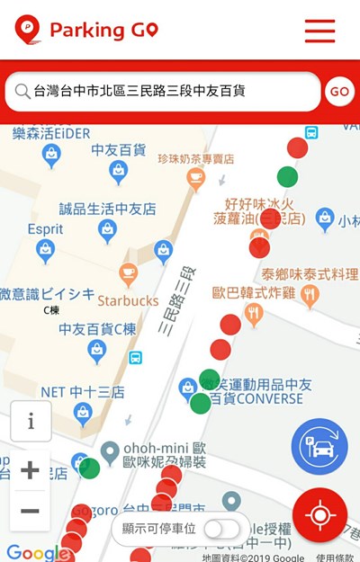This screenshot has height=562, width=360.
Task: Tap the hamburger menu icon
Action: coord(319,31)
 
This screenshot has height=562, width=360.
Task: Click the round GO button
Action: coord(339,92)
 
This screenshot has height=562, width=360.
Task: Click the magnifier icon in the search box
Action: coord(22,92)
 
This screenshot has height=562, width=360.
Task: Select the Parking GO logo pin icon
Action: coord(27,30)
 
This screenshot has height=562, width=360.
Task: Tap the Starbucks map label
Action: coord(128,300)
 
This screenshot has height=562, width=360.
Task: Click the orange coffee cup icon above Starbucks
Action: coord(128,272)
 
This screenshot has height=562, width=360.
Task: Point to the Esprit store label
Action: coord(45,229)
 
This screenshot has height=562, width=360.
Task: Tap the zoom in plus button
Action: coord(30,469)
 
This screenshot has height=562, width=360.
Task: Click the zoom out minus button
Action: coord(30,511)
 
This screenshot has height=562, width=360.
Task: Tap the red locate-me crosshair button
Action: coord(319,515)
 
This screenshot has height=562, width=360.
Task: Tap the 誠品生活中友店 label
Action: coord(107,209)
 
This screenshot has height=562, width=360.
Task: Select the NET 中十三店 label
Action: coord(83,392)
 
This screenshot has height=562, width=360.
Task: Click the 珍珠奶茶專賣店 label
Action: coord(195,159)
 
